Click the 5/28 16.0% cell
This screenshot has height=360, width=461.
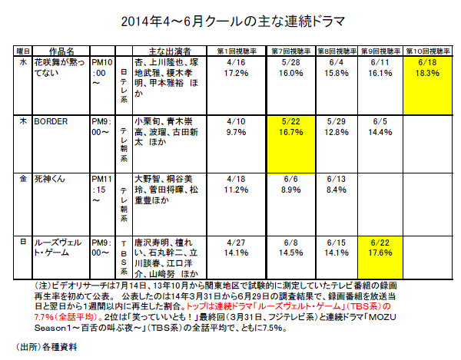coord(287,68)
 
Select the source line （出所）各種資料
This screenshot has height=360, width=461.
coord(48,345)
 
